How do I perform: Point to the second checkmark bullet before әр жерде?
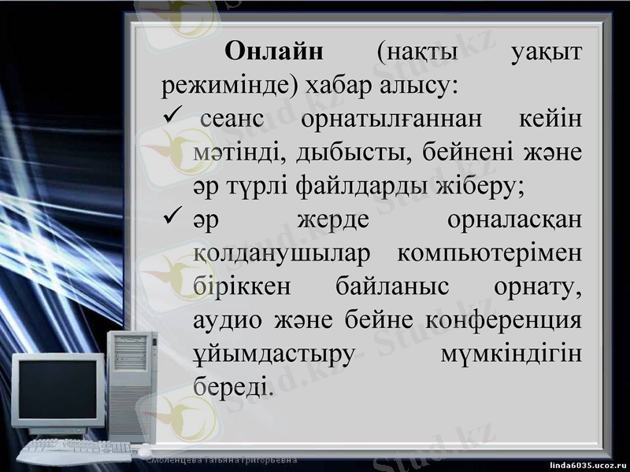point(171,220)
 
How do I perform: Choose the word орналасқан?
point(514,221)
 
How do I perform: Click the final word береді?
point(232,388)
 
